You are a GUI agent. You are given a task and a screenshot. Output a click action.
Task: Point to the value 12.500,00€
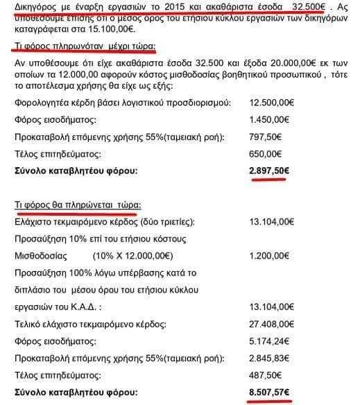[x=273, y=103]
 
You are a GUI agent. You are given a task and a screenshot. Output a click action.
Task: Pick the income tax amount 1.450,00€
[x=271, y=119]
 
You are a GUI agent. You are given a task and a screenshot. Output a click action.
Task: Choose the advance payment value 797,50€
[x=267, y=136]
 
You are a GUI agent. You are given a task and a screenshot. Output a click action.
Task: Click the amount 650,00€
[x=267, y=153]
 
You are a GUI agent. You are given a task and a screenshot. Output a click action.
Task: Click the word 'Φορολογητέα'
[x=40, y=103]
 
